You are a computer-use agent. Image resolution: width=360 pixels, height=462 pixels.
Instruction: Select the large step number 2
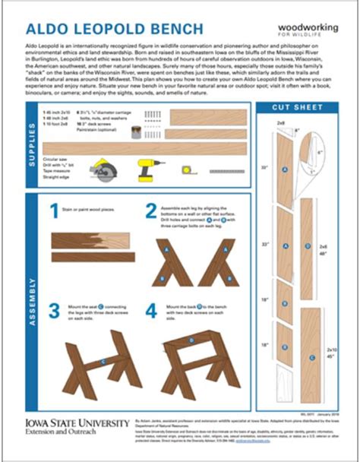(x=151, y=210)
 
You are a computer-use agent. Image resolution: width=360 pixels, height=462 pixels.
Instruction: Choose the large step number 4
(x=151, y=312)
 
